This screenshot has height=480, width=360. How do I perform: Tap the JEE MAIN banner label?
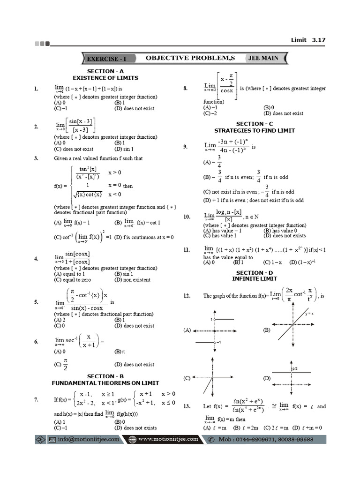pyautogui.click(x=263, y=58)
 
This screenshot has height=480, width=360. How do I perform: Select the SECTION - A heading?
pyautogui.click(x=105, y=71)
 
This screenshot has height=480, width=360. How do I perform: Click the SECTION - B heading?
pyautogui.click(x=105, y=376)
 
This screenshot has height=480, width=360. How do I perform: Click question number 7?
pyautogui.click(x=36, y=400)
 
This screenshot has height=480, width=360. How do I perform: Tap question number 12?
pyautogui.click(x=187, y=296)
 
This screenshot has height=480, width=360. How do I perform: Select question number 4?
pyautogui.click(x=36, y=258)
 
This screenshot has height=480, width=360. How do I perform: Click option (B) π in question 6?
pyautogui.click(x=119, y=351)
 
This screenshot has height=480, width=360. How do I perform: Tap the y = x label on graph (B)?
pyautogui.click(x=309, y=314)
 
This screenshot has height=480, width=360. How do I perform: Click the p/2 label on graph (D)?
pyautogui.click(x=295, y=369)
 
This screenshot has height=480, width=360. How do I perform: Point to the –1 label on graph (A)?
pyautogui.click(x=218, y=342)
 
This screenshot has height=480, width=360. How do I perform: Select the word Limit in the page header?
pyautogui.click(x=299, y=40)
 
